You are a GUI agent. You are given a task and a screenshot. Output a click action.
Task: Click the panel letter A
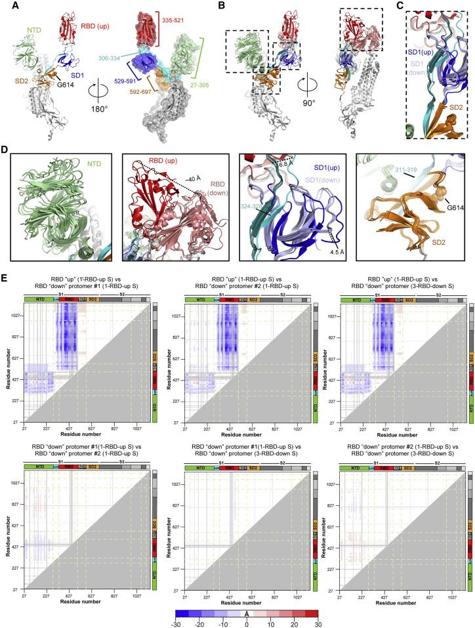click(6, 5)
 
